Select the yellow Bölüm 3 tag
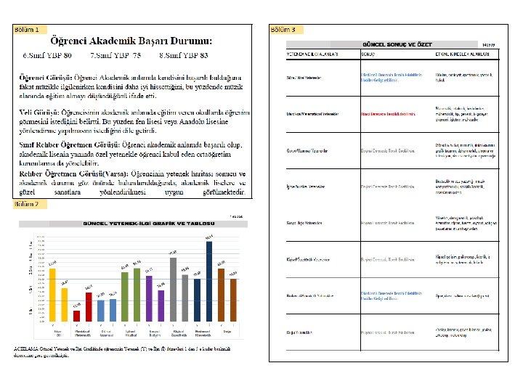[283, 30]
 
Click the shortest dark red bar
[76, 315]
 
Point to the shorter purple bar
[161, 305]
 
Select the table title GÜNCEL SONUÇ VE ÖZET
[393, 45]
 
